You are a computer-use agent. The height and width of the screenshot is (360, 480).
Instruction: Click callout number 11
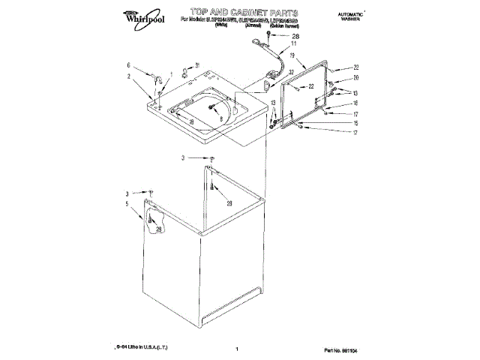click(x=294, y=44)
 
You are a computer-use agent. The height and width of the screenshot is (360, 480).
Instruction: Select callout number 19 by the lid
click(x=292, y=76)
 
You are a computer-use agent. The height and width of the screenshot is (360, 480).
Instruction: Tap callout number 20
click(x=356, y=78)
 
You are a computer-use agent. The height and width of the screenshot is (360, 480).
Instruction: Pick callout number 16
click(x=355, y=103)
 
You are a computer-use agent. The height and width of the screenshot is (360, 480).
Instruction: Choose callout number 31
click(x=197, y=64)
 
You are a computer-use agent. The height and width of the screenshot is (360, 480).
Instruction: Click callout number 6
click(x=128, y=65)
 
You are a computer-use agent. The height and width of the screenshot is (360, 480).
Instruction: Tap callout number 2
click(x=128, y=76)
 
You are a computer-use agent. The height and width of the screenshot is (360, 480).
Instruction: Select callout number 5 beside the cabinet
click(x=127, y=203)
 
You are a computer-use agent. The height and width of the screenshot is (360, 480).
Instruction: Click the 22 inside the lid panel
click(x=310, y=88)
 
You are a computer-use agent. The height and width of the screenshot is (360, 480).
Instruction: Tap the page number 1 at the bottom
click(x=236, y=349)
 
